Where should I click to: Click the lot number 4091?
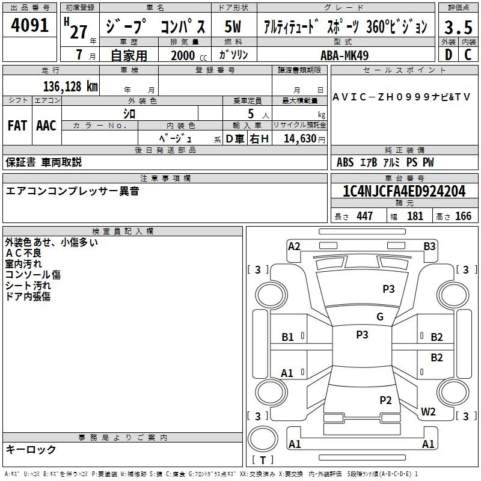tap(29, 25)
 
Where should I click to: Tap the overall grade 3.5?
tap(458, 27)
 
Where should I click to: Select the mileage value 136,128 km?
tap(70, 87)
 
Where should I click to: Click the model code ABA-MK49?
tap(345, 55)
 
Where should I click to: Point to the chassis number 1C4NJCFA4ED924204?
tap(404, 191)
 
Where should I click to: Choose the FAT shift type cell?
tap(17, 126)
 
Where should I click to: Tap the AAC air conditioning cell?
tap(46, 126)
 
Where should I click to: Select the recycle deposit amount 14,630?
tap(300, 139)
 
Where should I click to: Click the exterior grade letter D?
tap(449, 55)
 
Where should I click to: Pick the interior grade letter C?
tap(468, 55)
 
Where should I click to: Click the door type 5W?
tap(233, 26)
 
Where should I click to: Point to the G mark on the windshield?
tap(380, 317)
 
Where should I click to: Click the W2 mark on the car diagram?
tap(428, 411)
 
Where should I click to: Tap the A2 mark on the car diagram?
tap(294, 247)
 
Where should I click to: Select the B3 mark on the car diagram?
tap(429, 247)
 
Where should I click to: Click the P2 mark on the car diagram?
tap(385, 400)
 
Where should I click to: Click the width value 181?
tap(415, 216)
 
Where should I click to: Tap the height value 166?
tap(463, 216)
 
